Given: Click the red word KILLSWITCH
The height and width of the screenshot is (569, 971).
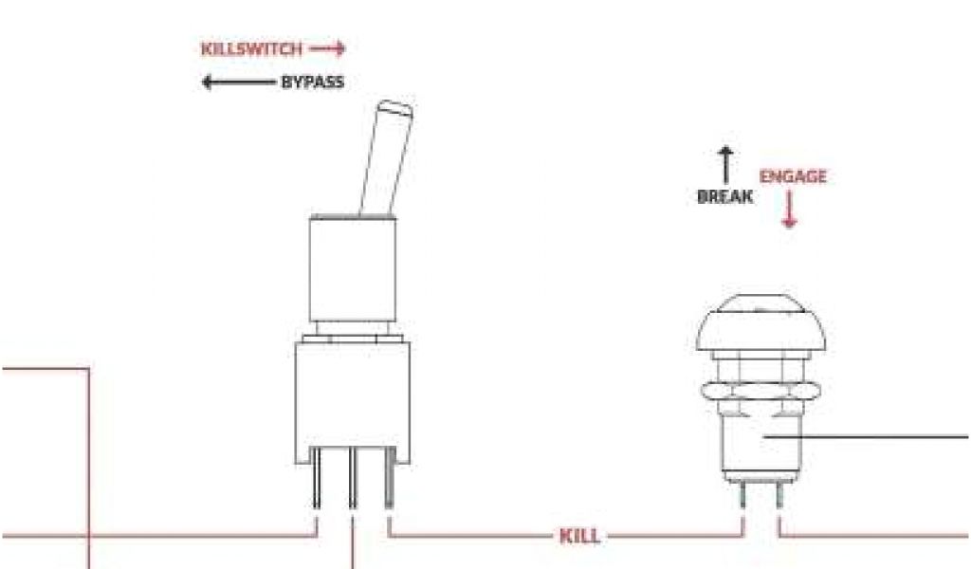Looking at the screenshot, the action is [251, 48].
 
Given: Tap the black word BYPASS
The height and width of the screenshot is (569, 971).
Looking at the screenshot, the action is [312, 83].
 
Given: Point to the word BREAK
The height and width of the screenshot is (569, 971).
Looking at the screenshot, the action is [724, 197].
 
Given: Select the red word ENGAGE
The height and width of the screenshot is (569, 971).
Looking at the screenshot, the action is [793, 176].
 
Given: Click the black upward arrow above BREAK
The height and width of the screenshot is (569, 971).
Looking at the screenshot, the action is [725, 164].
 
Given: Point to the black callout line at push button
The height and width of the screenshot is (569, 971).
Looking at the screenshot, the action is [872, 437].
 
